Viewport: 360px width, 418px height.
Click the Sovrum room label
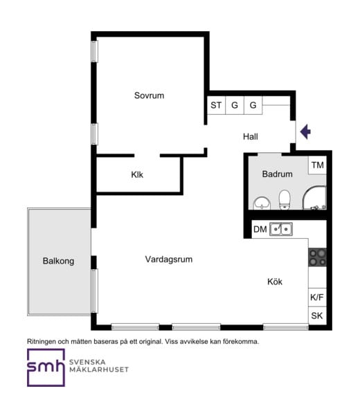coord(149,96)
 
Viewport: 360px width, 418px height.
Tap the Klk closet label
coord(137,174)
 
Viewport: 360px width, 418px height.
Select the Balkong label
coord(58,261)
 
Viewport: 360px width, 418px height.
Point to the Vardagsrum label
coord(169,259)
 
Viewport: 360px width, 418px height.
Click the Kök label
coord(275,282)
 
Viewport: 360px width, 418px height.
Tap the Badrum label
coord(278,174)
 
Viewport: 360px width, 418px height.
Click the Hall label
coord(251,137)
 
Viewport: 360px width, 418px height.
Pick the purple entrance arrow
coord(305,131)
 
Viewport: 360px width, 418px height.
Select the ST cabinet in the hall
coord(216,105)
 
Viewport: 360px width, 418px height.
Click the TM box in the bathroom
coord(317,165)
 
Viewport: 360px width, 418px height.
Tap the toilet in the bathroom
coord(285,200)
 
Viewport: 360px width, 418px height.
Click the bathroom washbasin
coord(262,203)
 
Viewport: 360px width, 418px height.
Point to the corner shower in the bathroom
coord(315,198)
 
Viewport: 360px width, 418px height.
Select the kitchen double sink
coord(281,229)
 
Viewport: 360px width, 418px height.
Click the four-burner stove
coord(317,257)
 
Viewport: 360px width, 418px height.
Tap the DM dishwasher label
coord(260,229)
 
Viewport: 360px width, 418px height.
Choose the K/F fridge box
coord(317,298)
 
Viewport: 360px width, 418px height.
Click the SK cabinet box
coord(317,316)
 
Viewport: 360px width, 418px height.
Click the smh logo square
coord(46,367)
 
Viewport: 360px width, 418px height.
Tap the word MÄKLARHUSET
coord(99,370)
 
